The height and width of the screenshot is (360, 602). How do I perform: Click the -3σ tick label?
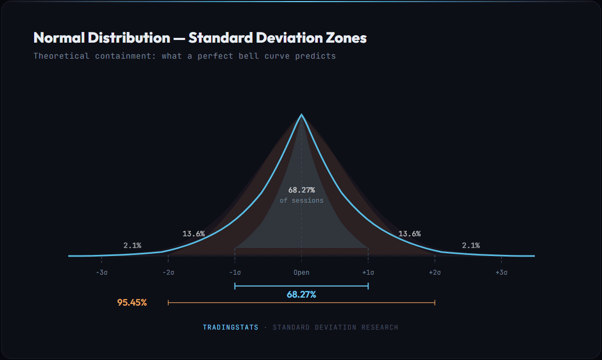pos(102,273)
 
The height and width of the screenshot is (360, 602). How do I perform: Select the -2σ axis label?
pos(168,273)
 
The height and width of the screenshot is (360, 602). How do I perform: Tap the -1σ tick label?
pos(235,273)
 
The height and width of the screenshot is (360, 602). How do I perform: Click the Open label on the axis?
pos(301,273)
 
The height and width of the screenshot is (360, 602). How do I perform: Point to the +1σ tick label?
pos(368,273)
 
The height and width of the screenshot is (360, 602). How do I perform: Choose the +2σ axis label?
pos(435,273)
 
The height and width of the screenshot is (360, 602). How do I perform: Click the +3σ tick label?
pos(501,273)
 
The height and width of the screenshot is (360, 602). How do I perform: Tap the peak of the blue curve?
pos(302,115)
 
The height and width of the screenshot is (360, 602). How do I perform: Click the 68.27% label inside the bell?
pos(301,190)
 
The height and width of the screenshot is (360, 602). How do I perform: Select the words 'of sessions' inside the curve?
pos(301,201)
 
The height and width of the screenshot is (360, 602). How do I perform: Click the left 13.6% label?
pos(194,234)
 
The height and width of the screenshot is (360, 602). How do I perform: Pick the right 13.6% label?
pos(410,234)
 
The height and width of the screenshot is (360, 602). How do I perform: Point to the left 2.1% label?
pos(132,245)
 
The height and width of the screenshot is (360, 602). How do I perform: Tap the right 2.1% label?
pos(471,245)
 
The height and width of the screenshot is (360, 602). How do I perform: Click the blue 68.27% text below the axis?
pos(301,294)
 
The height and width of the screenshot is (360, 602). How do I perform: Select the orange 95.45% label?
pos(132,302)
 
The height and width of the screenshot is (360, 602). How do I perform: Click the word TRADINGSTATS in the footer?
pos(230,327)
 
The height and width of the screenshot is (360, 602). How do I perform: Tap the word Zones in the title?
pos(347,38)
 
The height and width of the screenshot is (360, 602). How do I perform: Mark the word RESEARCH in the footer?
pos(380,327)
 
